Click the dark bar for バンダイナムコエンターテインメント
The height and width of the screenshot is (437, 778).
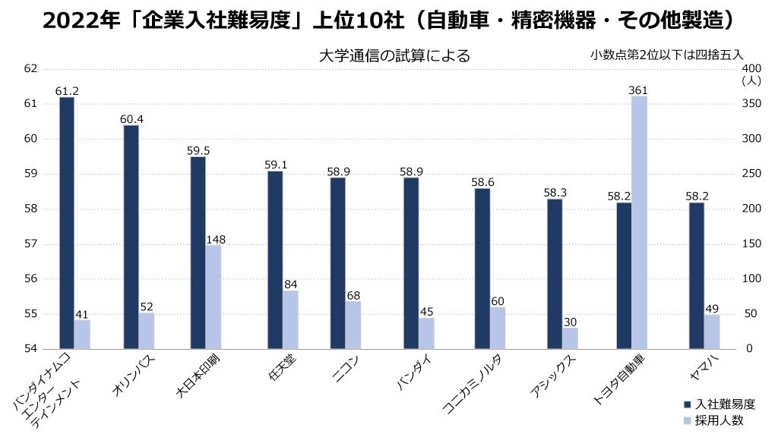click(67, 223)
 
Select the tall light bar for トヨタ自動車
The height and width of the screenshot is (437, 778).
click(639, 222)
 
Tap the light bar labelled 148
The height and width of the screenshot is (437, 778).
click(213, 297)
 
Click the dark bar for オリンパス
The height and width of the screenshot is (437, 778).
click(131, 237)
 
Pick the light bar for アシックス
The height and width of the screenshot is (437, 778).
click(570, 338)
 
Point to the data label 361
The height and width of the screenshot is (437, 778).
click(638, 90)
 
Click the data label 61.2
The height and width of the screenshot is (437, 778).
click(67, 91)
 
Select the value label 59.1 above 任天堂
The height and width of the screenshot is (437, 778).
click(274, 165)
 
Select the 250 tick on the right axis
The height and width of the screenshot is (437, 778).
click(751, 174)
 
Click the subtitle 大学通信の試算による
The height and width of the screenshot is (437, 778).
click(394, 55)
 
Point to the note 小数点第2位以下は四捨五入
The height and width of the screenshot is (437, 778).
click(666, 55)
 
